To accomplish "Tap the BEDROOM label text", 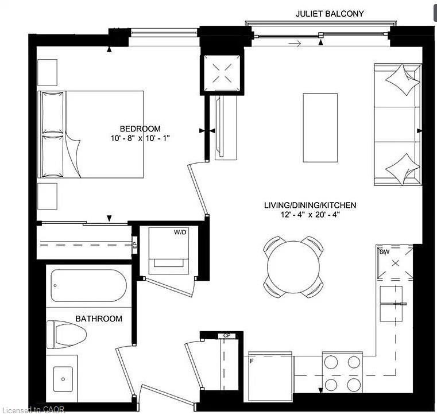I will (x=140, y=129).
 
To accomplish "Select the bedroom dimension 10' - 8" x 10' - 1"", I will (x=141, y=138).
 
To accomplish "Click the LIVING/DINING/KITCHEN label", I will (x=310, y=205).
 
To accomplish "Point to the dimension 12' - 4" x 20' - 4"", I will (x=310, y=215).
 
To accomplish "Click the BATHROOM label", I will (x=99, y=319).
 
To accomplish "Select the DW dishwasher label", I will (x=385, y=251).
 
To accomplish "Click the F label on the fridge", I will (x=252, y=360).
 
